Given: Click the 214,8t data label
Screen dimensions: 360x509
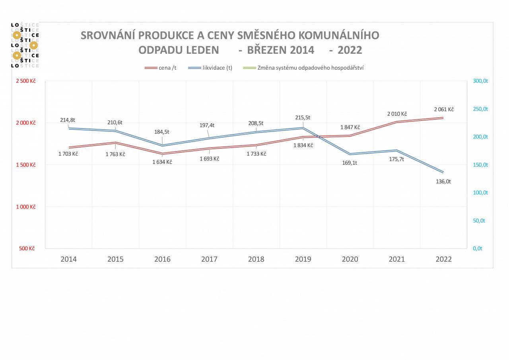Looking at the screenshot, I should point(68,120).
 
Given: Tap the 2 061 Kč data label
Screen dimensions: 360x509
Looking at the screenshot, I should point(444,109).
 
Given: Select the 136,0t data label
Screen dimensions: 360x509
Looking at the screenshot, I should point(443,181).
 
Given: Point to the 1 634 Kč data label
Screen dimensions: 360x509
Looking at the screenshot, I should point(162,162).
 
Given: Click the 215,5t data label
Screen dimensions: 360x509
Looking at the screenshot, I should point(303,117).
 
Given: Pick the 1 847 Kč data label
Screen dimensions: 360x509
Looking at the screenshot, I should point(350,127).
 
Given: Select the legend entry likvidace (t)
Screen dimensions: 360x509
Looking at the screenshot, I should point(210,68).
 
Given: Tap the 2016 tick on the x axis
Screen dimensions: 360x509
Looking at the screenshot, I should point(162,259).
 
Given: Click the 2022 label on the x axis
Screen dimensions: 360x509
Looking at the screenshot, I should point(443,259).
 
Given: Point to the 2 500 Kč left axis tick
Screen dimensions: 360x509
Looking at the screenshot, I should point(26,81).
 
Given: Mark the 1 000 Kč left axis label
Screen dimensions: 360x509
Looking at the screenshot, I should point(26,207).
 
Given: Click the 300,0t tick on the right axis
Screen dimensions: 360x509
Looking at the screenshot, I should point(480,81).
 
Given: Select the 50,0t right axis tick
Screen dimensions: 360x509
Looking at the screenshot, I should point(479,220).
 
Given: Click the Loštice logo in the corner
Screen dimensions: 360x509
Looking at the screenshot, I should point(25,45).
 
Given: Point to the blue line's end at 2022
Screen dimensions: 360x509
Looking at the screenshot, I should point(443,172).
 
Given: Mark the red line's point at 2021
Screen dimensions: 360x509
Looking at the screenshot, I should point(397,122).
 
